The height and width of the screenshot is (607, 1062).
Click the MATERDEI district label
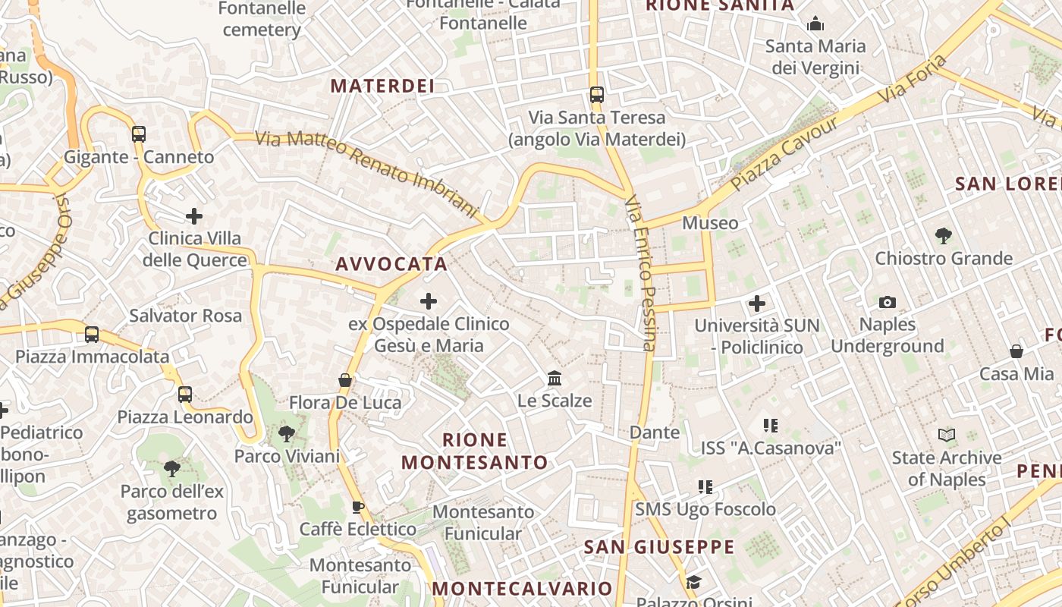pyautogui.click(x=382, y=86)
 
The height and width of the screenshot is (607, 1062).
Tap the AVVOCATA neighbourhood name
pyautogui.click(x=391, y=264)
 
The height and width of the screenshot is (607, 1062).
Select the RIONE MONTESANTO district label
pyautogui.click(x=475, y=451)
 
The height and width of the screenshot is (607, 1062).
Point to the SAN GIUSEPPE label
pyautogui.click(x=659, y=547)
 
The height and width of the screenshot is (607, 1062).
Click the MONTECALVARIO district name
pyautogui.click(x=522, y=589)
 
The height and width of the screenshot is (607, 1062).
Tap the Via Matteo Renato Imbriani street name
pyautogui.click(x=367, y=174)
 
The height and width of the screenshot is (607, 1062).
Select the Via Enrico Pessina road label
pyautogui.click(x=640, y=273)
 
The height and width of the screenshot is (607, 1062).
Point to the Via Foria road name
pyautogui.click(x=914, y=79)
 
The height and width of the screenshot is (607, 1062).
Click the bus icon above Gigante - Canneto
pyautogui.click(x=138, y=134)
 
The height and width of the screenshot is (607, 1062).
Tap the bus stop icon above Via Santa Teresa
pyautogui.click(x=597, y=95)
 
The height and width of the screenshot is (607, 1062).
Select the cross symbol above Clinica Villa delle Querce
pyautogui.click(x=194, y=216)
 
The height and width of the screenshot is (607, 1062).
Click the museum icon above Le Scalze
pyautogui.click(x=555, y=378)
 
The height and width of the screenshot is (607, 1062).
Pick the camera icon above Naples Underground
pyautogui.click(x=887, y=303)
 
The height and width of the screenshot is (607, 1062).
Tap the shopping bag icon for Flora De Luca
pyautogui.click(x=345, y=380)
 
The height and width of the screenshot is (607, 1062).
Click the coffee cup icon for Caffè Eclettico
pyautogui.click(x=358, y=507)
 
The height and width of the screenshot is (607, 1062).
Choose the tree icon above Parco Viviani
pyautogui.click(x=287, y=434)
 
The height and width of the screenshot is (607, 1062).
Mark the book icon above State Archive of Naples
pyautogui.click(x=946, y=436)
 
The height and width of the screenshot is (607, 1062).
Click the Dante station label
pyautogui.click(x=655, y=432)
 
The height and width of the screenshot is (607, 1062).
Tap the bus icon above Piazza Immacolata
pyautogui.click(x=92, y=334)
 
